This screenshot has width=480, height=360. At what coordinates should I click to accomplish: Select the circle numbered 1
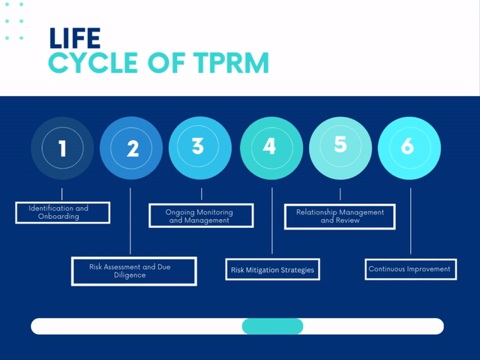62,148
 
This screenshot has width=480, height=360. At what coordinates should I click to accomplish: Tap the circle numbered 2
131,148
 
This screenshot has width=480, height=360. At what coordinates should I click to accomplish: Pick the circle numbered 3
199,147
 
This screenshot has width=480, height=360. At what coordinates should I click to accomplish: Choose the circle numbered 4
270,148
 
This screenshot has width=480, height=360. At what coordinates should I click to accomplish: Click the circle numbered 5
340,146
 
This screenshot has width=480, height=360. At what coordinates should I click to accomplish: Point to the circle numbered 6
409,148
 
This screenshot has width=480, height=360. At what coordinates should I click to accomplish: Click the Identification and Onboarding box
63,212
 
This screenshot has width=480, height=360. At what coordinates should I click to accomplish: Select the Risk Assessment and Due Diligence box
133,271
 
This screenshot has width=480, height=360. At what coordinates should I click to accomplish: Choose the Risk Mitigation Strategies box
272,268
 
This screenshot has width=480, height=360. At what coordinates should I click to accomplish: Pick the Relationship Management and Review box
340,217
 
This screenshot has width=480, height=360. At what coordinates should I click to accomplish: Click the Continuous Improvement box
409,268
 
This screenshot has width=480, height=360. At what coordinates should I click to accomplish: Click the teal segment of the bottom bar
272,326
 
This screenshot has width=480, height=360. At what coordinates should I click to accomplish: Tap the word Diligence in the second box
130,275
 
